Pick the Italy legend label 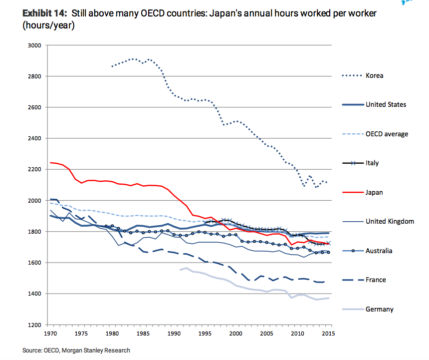click(372, 163)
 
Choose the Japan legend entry click(374, 192)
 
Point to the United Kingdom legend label click(390, 221)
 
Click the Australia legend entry click(379, 251)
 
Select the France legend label click(376, 280)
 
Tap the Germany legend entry click(379, 309)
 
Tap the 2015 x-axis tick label click(327, 333)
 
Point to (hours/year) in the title click(48, 25)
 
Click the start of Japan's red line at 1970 click(51, 162)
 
